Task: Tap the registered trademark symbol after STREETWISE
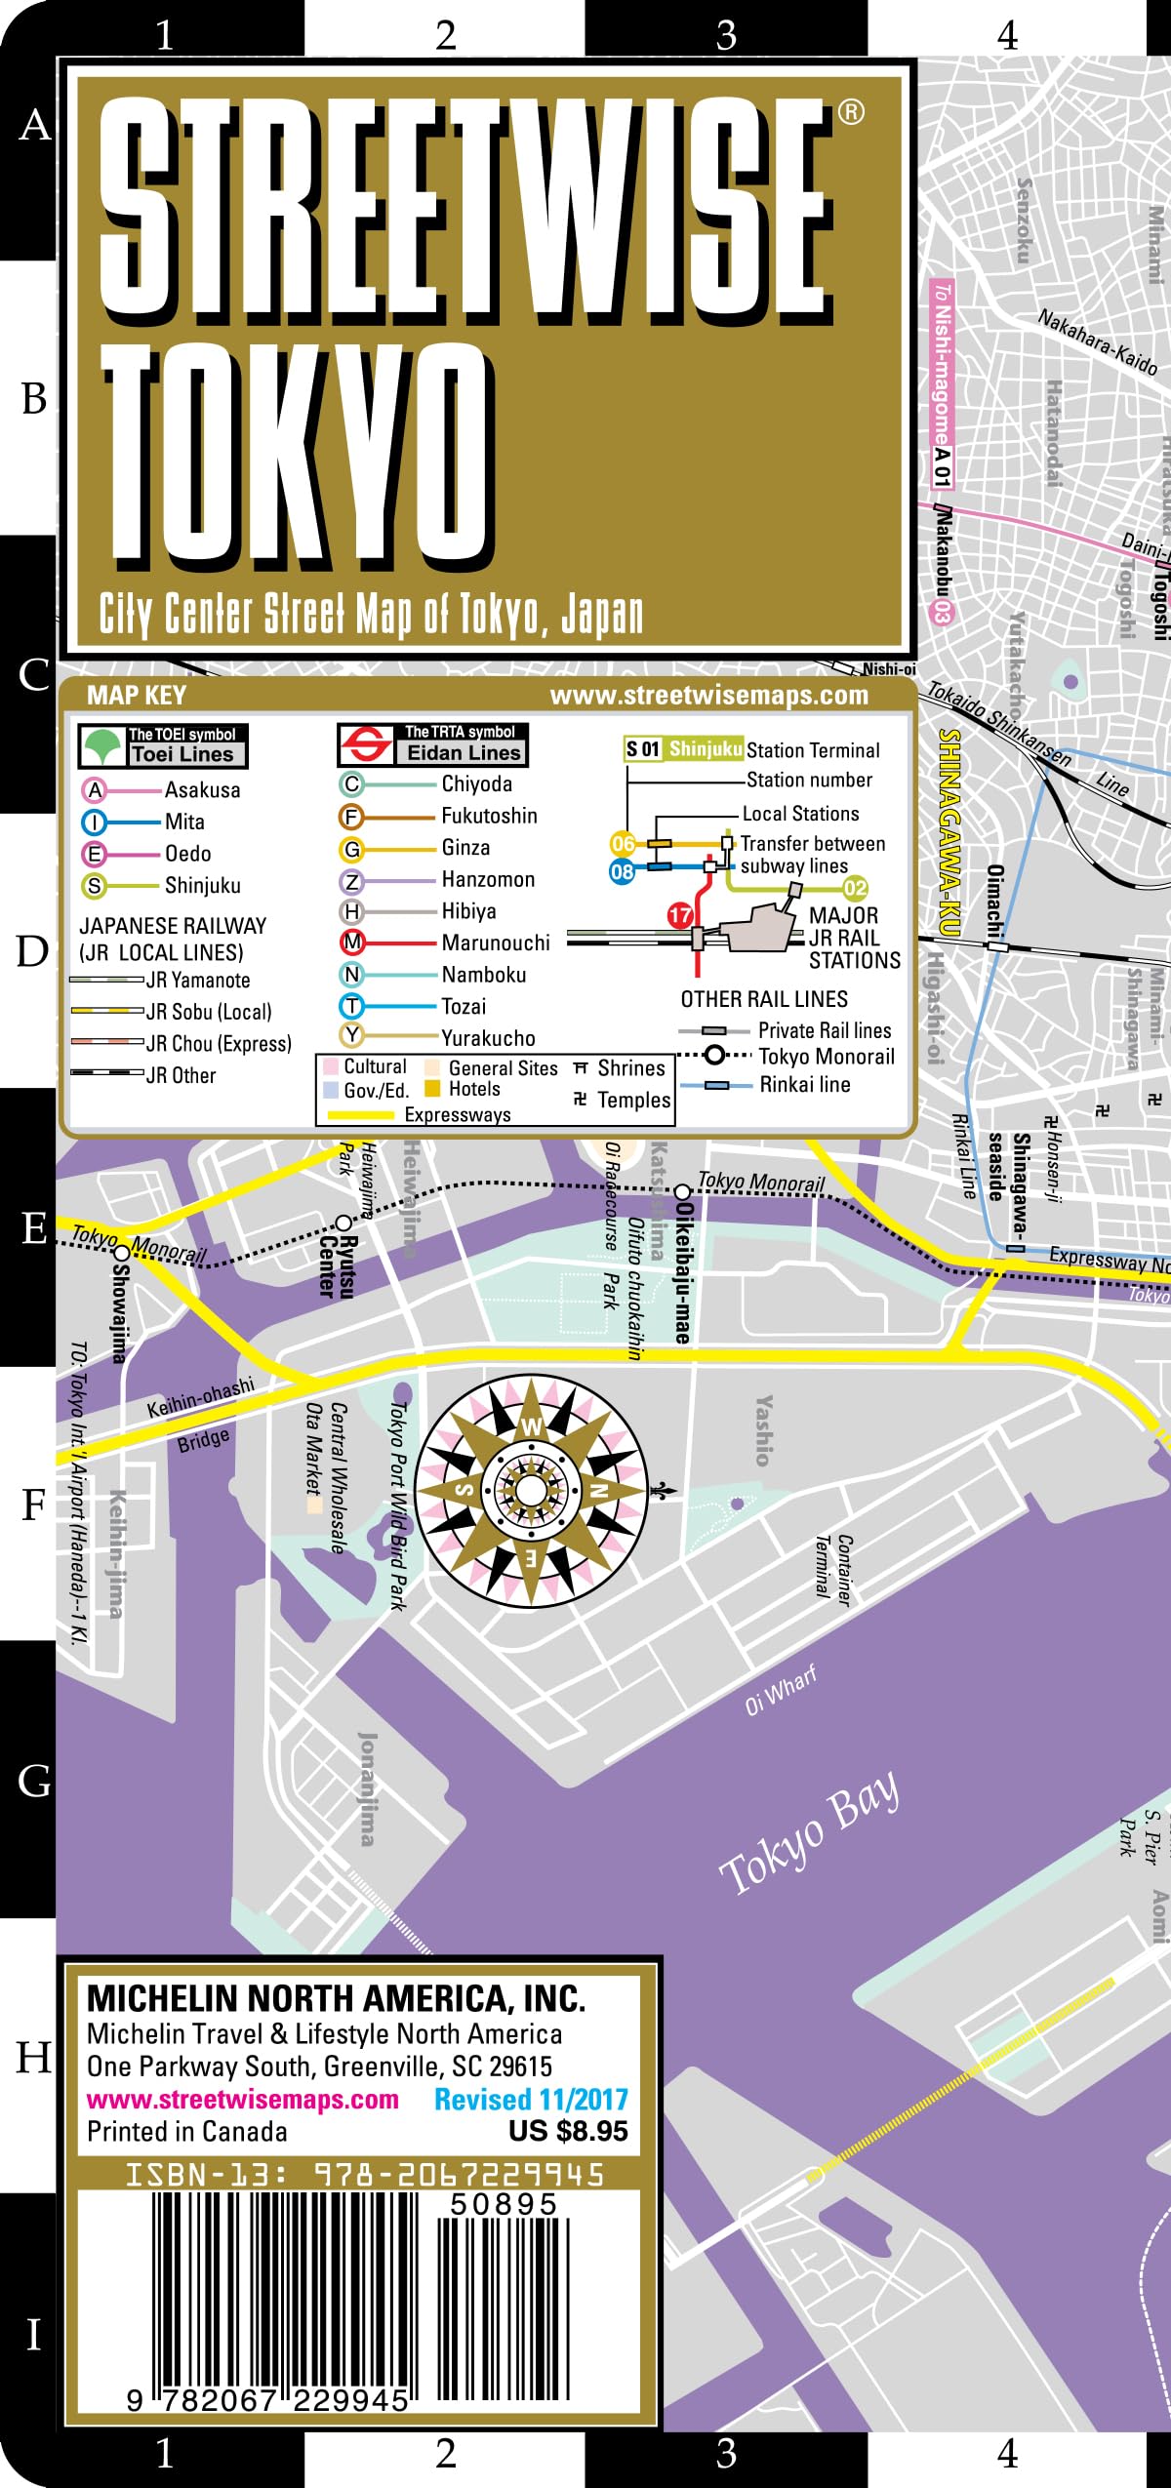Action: pos(851,112)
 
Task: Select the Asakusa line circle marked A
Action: pos(95,790)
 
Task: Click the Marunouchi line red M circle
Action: pos(352,943)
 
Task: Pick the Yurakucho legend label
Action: pos(488,1038)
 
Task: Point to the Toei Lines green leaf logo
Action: pos(102,746)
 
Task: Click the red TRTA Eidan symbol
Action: pos(365,744)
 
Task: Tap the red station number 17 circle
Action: pos(680,915)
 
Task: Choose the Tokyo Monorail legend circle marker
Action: pos(715,1055)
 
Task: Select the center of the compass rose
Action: pos(531,1491)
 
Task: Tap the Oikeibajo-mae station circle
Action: pos(683,1192)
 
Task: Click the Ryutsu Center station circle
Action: pos(343,1223)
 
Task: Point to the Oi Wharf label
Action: pos(781,1691)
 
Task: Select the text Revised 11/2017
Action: pos(531,2099)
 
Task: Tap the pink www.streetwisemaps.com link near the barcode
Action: pos(243,2099)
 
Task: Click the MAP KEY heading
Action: pos(136,695)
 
